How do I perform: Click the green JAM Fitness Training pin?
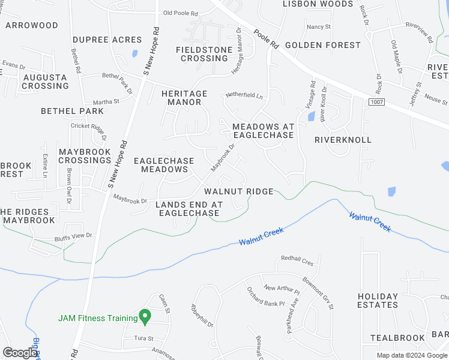tap(144, 315)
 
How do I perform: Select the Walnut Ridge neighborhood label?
tap(239, 191)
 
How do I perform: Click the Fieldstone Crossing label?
tap(204, 54)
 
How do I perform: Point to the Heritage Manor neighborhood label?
tap(184, 98)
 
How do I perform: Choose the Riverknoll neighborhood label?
tap(343, 140)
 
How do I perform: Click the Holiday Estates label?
tap(378, 301)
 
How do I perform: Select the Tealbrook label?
tap(397, 338)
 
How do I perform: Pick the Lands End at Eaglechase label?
tap(188, 209)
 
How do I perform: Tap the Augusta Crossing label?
tap(46, 82)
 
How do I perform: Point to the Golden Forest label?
tap(323, 45)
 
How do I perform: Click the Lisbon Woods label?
tap(318, 4)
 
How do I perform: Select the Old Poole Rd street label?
tap(180, 13)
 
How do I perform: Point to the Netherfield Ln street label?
tap(244, 95)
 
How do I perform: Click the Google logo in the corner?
tap(19, 353)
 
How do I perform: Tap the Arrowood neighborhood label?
tap(32, 26)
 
